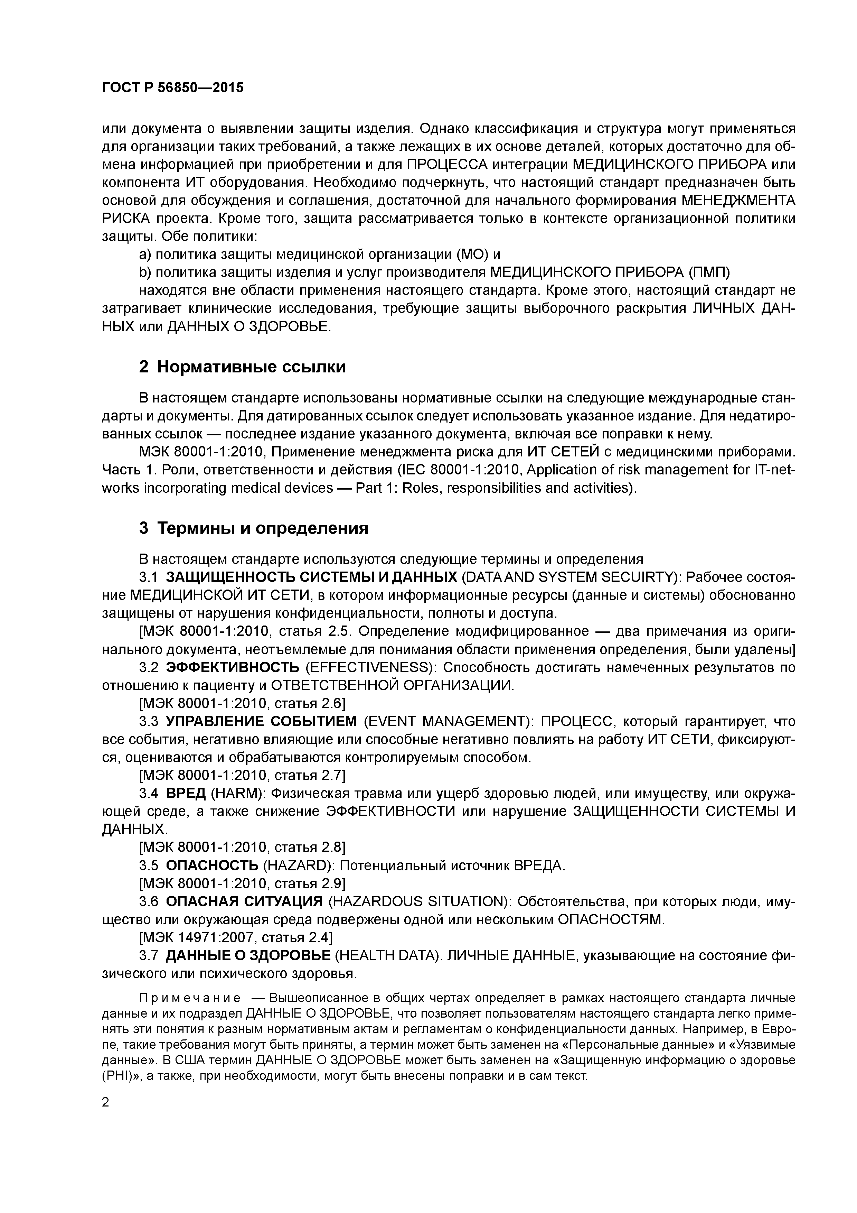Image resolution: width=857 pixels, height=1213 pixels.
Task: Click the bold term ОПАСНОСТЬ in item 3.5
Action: [x=212, y=865]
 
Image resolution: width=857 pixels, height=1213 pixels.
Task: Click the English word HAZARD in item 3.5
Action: [x=297, y=865]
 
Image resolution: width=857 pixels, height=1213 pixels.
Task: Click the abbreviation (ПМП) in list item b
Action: [x=709, y=272]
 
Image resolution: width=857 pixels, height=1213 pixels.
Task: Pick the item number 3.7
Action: [x=149, y=955]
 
